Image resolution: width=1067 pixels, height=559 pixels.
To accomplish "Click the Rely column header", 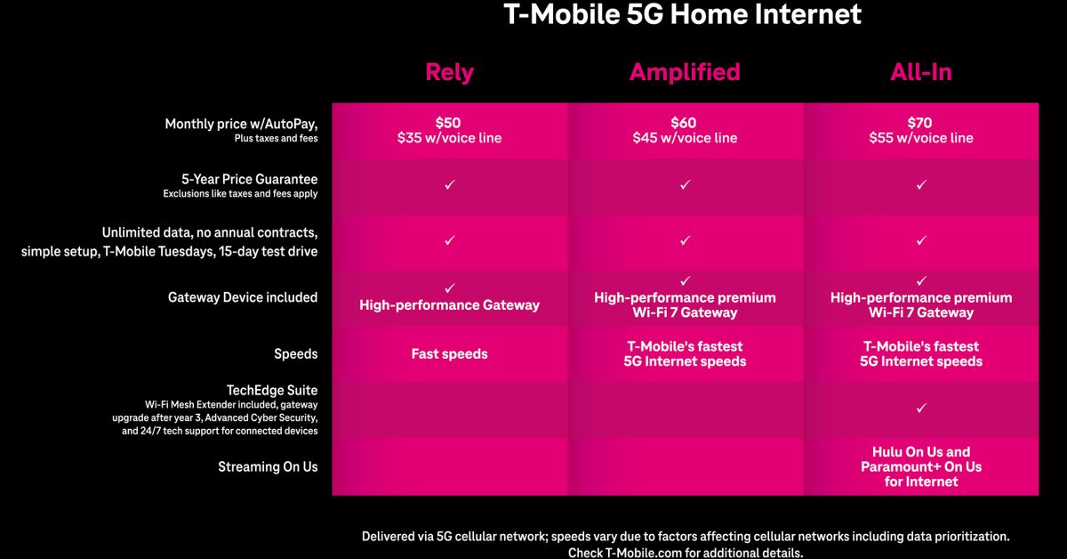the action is [x=449, y=72].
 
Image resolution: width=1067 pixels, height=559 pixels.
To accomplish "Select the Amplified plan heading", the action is [x=685, y=72].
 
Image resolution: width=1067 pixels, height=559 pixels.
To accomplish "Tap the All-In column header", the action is [x=921, y=72].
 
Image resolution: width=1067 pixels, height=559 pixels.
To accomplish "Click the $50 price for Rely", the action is [x=448, y=123].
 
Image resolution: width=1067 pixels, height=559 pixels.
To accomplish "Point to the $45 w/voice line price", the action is [x=685, y=138].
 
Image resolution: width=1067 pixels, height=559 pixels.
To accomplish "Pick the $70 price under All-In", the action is [x=919, y=123].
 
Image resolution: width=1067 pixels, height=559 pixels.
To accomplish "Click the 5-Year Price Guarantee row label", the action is [x=249, y=179].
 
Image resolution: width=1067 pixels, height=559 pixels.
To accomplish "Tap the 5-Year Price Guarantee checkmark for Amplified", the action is [x=685, y=184].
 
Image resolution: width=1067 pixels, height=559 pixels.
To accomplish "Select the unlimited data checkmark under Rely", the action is [x=449, y=240].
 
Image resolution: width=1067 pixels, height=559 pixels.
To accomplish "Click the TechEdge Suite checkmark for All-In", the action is [x=921, y=409].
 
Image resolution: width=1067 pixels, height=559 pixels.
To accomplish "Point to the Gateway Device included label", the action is [x=243, y=297].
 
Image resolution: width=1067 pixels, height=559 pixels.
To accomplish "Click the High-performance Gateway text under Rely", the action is [x=449, y=305].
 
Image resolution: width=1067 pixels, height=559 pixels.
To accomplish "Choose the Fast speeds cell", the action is [x=449, y=354].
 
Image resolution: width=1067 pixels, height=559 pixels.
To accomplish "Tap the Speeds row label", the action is [x=296, y=354].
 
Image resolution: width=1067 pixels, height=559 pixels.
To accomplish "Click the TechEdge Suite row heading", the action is [x=272, y=390].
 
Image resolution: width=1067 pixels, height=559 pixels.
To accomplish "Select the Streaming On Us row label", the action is [x=268, y=466].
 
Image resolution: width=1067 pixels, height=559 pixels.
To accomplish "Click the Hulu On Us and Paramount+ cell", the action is [x=921, y=466].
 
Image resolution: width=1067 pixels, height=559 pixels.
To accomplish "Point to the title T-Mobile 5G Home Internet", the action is [x=683, y=14].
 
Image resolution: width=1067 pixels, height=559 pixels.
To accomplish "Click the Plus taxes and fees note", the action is [x=276, y=138].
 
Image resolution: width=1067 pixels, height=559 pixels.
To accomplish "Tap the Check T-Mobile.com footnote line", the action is [x=686, y=553].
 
